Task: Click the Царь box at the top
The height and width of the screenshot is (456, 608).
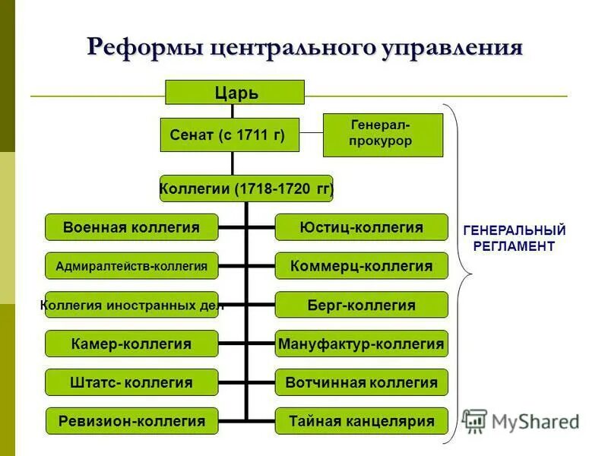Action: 235,92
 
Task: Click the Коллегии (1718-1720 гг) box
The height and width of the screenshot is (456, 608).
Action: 246,188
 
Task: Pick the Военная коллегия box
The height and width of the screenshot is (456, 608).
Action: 131,226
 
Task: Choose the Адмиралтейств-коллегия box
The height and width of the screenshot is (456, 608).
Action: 131,265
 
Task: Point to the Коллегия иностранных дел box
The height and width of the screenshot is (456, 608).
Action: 131,305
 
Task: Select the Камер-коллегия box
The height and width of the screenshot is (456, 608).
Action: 131,344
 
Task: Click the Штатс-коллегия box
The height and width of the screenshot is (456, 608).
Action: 131,382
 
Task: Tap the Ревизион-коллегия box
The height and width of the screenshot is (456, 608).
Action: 131,421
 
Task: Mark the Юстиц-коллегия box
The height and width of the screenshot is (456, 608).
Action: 361,226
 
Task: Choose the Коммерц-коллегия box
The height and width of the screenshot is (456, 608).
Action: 361,265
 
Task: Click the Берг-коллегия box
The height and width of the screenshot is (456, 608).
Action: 361,305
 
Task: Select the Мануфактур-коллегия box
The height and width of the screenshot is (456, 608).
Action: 361,344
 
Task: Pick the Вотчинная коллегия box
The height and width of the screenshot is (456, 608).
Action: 361,382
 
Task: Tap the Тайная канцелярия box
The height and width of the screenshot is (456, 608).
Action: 361,421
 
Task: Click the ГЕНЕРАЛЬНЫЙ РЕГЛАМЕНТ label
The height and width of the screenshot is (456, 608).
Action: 514,238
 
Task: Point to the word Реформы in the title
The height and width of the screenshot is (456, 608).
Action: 145,47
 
